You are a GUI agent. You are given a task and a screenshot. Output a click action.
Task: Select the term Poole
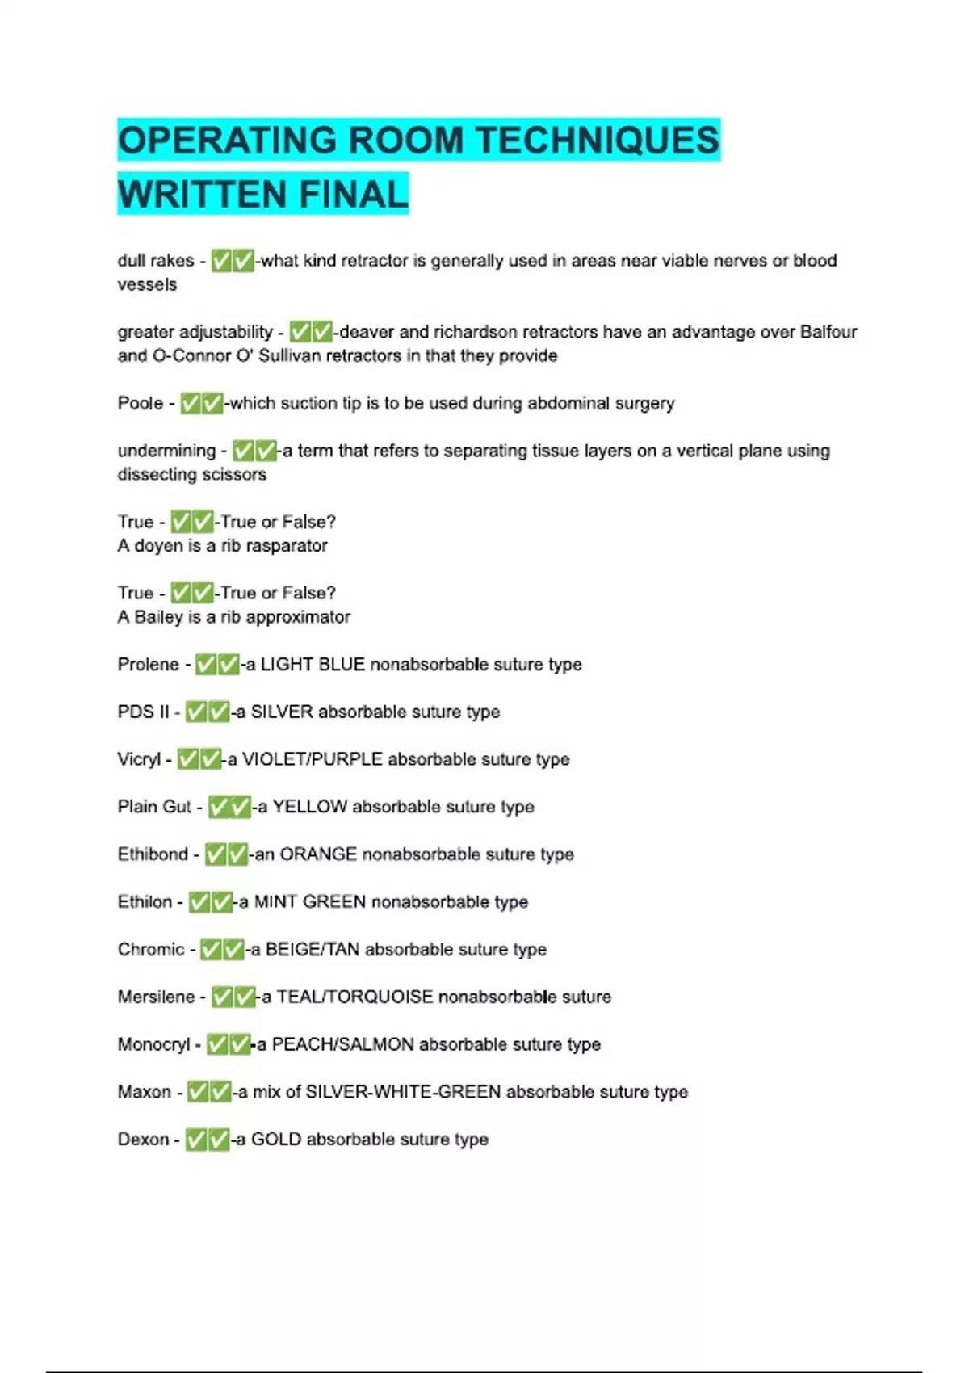click(x=141, y=403)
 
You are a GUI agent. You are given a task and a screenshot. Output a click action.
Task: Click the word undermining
click(x=166, y=451)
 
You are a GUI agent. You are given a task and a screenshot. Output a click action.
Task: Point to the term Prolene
click(x=148, y=665)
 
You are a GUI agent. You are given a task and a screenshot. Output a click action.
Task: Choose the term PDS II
click(x=143, y=712)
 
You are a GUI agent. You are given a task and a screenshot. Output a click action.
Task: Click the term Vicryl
click(x=139, y=759)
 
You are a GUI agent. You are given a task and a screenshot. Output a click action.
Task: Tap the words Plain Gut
click(x=154, y=807)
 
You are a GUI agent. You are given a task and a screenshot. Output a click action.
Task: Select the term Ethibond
click(x=153, y=854)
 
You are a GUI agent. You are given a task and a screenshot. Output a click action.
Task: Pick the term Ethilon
click(x=145, y=902)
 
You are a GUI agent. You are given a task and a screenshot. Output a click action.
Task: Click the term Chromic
click(x=151, y=950)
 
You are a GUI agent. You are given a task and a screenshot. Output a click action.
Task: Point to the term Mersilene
click(x=156, y=997)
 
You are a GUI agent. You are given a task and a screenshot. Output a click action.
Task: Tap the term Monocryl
click(x=153, y=1045)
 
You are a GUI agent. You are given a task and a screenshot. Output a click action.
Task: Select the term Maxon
click(x=144, y=1092)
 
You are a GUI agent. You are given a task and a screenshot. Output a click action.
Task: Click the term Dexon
click(x=143, y=1140)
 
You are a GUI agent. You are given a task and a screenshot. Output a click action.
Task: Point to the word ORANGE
click(x=318, y=854)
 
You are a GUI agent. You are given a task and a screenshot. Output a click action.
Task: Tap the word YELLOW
click(x=309, y=807)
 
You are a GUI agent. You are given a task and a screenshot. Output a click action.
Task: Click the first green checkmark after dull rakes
click(x=221, y=261)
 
